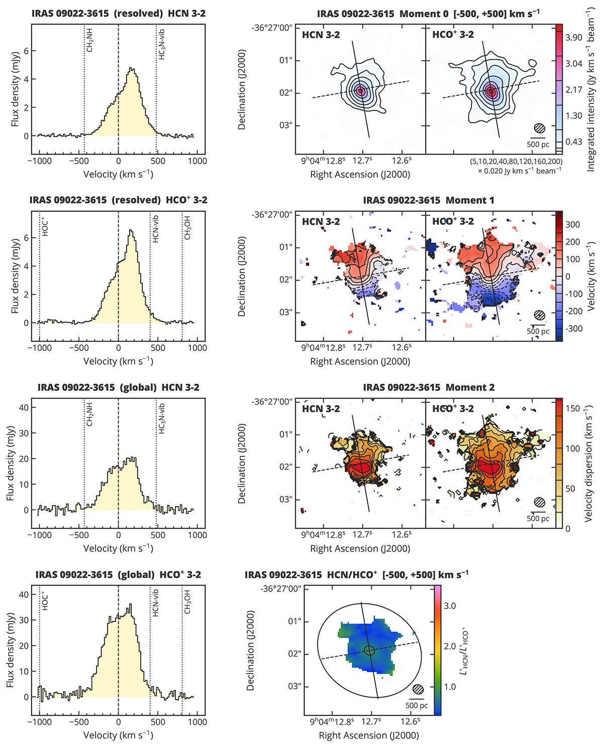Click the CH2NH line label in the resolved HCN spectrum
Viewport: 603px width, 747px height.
90,40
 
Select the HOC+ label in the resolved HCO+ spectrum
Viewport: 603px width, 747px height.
45,227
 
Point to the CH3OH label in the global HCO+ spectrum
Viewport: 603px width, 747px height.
187,601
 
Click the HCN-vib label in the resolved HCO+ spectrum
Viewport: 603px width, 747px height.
156,229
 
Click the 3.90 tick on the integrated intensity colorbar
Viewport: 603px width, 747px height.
573,38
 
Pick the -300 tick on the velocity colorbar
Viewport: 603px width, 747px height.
574,329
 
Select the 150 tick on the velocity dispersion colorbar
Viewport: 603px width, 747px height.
573,409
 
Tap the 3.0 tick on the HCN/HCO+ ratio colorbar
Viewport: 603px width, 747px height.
450,606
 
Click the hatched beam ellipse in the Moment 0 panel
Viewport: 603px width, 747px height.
539,128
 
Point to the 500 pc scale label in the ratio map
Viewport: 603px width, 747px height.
417,705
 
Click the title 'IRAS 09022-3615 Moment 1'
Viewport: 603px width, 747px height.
428,200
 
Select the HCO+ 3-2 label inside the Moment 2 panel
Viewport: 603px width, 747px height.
453,409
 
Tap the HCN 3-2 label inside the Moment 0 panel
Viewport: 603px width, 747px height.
321,35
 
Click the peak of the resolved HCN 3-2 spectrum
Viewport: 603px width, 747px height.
132,68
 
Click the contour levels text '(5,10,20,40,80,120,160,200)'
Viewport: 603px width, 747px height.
516,162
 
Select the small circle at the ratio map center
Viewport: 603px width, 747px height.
369,650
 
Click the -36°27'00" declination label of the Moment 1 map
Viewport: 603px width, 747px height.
272,215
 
